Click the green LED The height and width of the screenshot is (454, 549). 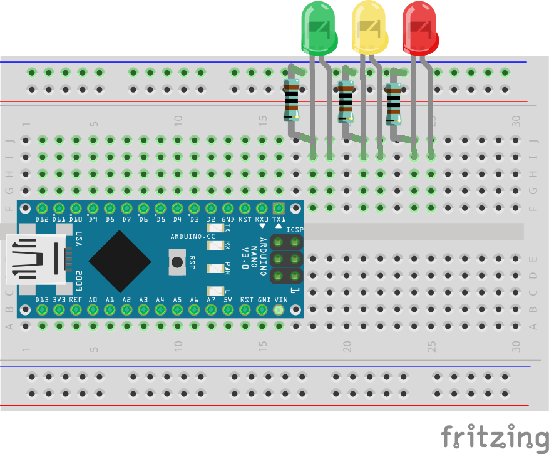(319, 28)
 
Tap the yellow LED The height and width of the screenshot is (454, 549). (370, 28)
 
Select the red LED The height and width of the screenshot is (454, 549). (419, 28)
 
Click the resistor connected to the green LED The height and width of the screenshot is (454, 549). (292, 100)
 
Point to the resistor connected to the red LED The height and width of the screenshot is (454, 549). (393, 103)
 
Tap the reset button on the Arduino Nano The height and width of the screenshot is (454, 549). (178, 262)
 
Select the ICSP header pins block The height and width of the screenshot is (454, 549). (287, 259)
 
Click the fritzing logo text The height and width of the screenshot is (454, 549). (495, 436)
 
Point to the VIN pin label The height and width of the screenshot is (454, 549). (280, 300)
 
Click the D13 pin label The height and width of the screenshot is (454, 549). (42, 300)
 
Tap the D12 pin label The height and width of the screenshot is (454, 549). (42, 219)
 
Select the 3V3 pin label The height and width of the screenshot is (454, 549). (59, 300)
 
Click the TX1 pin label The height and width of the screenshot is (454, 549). (279, 219)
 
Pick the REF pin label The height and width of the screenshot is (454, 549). (76, 300)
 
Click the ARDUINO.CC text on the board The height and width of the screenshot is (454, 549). (192, 236)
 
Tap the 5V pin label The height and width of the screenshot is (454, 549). (228, 300)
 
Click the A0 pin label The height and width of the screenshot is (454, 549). (93, 300)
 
